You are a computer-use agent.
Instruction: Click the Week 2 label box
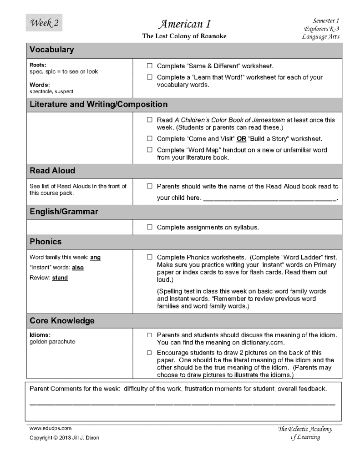click(44, 23)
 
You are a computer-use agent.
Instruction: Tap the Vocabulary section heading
click(51, 50)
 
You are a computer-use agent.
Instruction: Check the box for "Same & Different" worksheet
click(149, 66)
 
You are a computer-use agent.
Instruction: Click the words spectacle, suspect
click(48, 91)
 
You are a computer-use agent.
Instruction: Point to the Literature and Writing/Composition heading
click(98, 104)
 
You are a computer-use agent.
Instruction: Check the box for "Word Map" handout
click(149, 150)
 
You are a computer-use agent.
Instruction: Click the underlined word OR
click(241, 138)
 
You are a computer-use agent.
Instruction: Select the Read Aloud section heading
click(52, 171)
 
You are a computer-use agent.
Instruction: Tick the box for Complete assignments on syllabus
click(149, 227)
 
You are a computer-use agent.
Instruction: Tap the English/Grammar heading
click(64, 212)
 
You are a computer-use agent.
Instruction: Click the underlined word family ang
click(95, 258)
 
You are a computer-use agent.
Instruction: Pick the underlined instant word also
click(78, 268)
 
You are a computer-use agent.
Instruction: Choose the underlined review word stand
click(60, 278)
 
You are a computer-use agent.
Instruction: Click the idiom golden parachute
click(50, 341)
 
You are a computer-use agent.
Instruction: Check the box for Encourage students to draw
click(149, 353)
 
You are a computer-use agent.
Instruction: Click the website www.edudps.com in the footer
click(51, 428)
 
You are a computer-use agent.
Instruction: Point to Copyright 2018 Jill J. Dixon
click(64, 438)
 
